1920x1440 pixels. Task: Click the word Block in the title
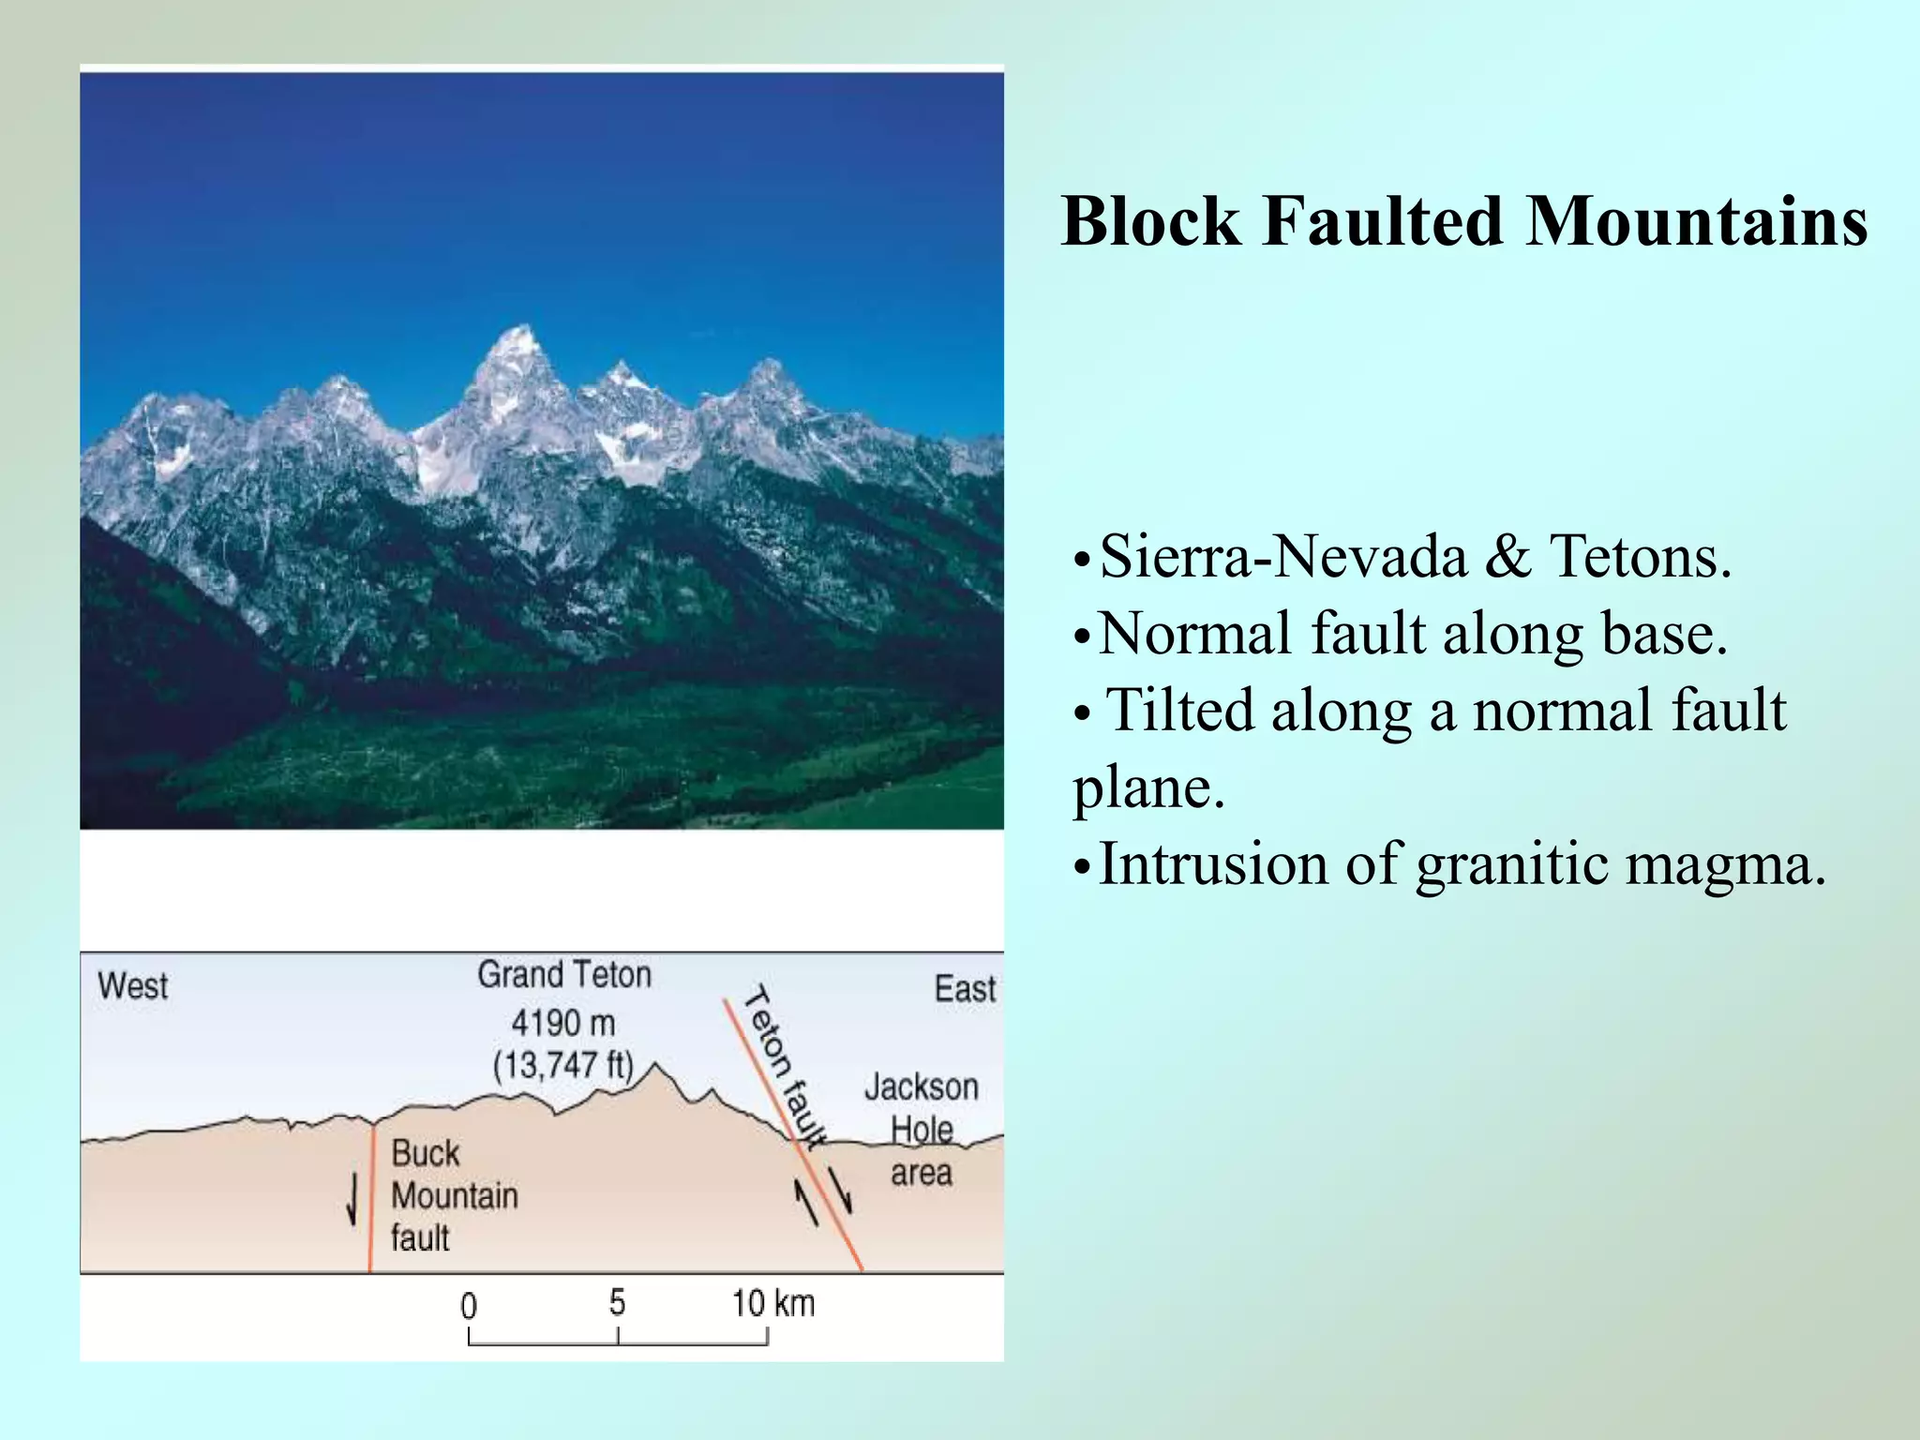click(1150, 222)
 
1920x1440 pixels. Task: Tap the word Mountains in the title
click(1697, 222)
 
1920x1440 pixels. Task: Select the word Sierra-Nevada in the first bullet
click(1282, 557)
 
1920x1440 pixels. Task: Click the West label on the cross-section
click(132, 986)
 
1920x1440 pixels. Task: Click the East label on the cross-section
click(965, 989)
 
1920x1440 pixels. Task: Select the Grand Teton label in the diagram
click(564, 975)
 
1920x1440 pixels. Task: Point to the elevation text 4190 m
click(563, 1022)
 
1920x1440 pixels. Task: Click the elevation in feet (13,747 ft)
click(563, 1065)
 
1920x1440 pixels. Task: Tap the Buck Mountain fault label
click(454, 1195)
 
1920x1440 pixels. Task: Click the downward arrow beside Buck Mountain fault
click(352, 1201)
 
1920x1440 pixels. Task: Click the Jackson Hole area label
click(921, 1130)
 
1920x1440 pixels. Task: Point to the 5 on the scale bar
click(617, 1301)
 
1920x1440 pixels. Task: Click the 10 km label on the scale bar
click(772, 1303)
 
